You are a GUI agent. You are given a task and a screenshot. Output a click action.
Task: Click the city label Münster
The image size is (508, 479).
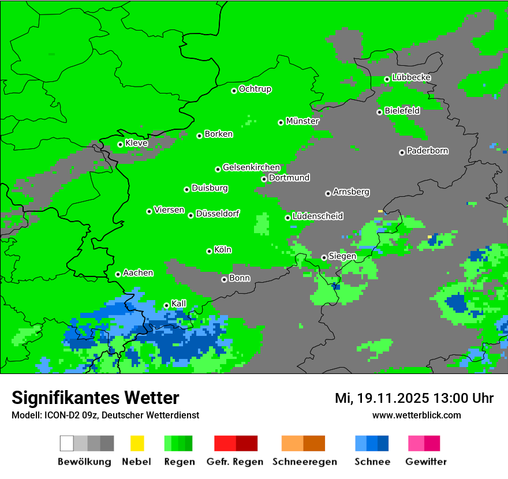pos(302,121)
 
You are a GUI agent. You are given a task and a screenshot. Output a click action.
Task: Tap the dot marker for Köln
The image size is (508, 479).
pos(209,251)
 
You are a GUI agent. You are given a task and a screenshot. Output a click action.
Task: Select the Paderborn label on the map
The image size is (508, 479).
pos(427,151)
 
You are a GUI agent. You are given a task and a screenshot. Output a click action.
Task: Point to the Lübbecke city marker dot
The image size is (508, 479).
pos(387,79)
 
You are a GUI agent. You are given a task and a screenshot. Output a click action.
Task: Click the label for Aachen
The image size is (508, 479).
pos(138,273)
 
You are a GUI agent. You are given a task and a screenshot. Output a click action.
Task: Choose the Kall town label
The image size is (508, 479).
pos(179,304)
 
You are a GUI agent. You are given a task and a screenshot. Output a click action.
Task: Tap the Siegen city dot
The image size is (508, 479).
pos(324,257)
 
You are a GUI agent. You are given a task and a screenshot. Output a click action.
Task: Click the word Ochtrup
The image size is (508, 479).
pos(255,89)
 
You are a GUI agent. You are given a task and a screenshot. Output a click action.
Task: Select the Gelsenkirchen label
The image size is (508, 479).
pos(251,167)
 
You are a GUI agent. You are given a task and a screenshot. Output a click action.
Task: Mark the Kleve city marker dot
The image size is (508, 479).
pos(120,144)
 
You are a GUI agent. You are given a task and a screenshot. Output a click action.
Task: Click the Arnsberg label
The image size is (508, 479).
pos(351,192)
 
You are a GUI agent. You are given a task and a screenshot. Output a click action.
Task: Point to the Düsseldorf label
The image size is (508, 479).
pos(217,214)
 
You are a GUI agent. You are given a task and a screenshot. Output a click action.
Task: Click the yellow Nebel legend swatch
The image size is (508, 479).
pos(137,443)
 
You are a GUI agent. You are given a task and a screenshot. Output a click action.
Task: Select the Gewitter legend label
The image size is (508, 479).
pos(426,462)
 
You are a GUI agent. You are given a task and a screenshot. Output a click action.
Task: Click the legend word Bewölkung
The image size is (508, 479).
pos(84,462)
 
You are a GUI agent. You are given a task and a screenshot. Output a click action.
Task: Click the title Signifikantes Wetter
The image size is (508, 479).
pos(95,398)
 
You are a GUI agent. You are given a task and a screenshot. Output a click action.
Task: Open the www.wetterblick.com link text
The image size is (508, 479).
pos(416,415)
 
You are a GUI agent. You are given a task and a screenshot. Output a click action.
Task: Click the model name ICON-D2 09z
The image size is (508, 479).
pos(70,415)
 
